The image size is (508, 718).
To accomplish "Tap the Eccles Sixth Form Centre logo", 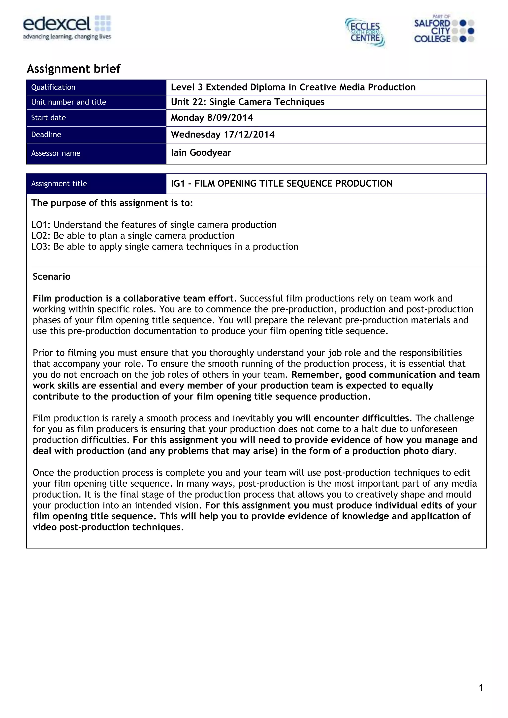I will [x=365, y=32].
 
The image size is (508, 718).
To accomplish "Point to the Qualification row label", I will [x=53, y=87].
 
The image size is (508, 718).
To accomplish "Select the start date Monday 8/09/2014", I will [x=212, y=118].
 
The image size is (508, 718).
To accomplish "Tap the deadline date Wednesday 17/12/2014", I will [x=222, y=135].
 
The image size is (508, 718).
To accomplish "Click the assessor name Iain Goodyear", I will [x=201, y=153].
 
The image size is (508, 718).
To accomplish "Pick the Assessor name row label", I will [x=56, y=153].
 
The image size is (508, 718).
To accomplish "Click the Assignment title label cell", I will [x=59, y=184].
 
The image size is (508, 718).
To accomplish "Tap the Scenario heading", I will [x=52, y=277].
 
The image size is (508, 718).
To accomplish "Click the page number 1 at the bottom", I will [x=481, y=688].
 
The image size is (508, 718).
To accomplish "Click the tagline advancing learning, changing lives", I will [x=67, y=37].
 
